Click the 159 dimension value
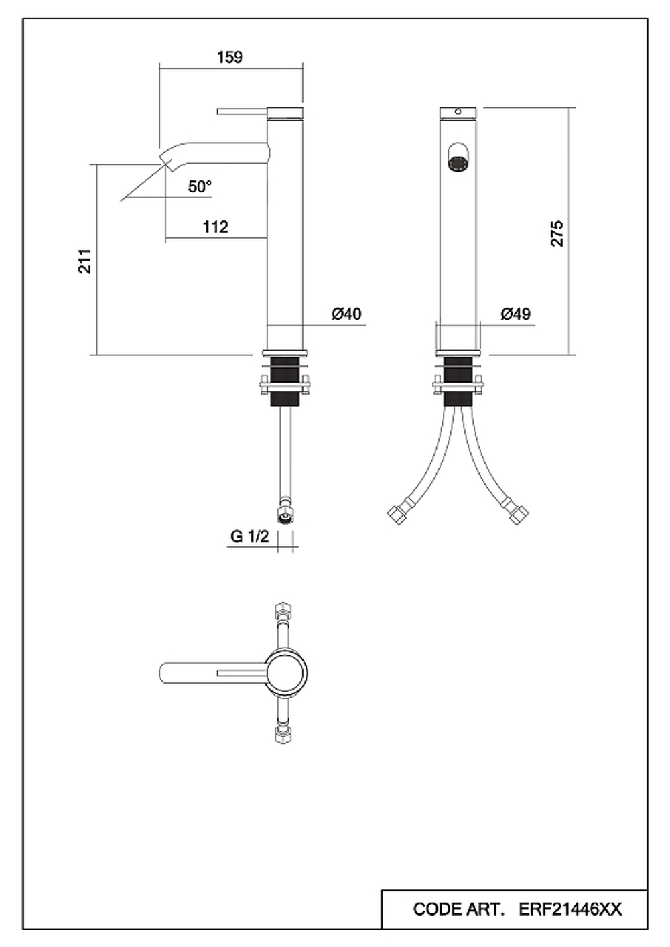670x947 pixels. click(230, 57)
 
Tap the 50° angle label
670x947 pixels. click(200, 186)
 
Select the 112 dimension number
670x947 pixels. click(216, 227)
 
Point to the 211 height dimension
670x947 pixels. click(85, 261)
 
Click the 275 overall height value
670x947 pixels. click(557, 233)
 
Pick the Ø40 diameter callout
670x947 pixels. click(346, 314)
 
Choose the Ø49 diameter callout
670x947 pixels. click(516, 314)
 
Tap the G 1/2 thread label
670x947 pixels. click(249, 536)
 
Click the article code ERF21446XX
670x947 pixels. click(570, 909)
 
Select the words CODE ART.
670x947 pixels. click(459, 909)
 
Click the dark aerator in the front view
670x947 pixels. click(457, 164)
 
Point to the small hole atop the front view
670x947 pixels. click(458, 112)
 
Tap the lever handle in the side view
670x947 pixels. click(243, 112)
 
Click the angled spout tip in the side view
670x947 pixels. click(166, 162)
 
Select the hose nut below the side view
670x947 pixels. click(285, 511)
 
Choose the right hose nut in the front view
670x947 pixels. click(516, 513)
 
